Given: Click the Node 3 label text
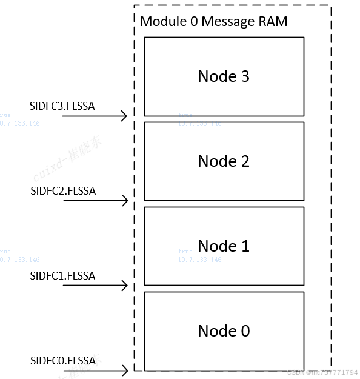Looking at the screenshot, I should [x=224, y=76].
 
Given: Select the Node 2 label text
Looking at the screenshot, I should [x=224, y=161].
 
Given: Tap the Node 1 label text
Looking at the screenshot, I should [x=224, y=246].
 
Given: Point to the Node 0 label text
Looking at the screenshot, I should [x=224, y=331].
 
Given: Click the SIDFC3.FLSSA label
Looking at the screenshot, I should [x=62, y=106].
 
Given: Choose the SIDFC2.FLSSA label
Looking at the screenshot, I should [x=63, y=191].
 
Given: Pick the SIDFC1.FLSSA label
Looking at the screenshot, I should [x=62, y=276].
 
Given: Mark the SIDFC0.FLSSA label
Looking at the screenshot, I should [x=63, y=361].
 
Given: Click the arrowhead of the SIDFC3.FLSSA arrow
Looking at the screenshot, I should [x=125, y=116].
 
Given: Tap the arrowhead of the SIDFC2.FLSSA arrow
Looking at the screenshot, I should [x=125, y=201].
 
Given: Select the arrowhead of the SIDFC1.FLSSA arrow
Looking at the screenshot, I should [x=125, y=286].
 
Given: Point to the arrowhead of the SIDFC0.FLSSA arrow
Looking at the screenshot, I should [x=125, y=370].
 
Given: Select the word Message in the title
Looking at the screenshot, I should [x=227, y=22].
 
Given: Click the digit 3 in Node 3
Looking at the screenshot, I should [x=245, y=76].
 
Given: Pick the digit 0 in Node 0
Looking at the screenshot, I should [x=245, y=331].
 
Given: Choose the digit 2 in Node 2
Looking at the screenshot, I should [x=245, y=161].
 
